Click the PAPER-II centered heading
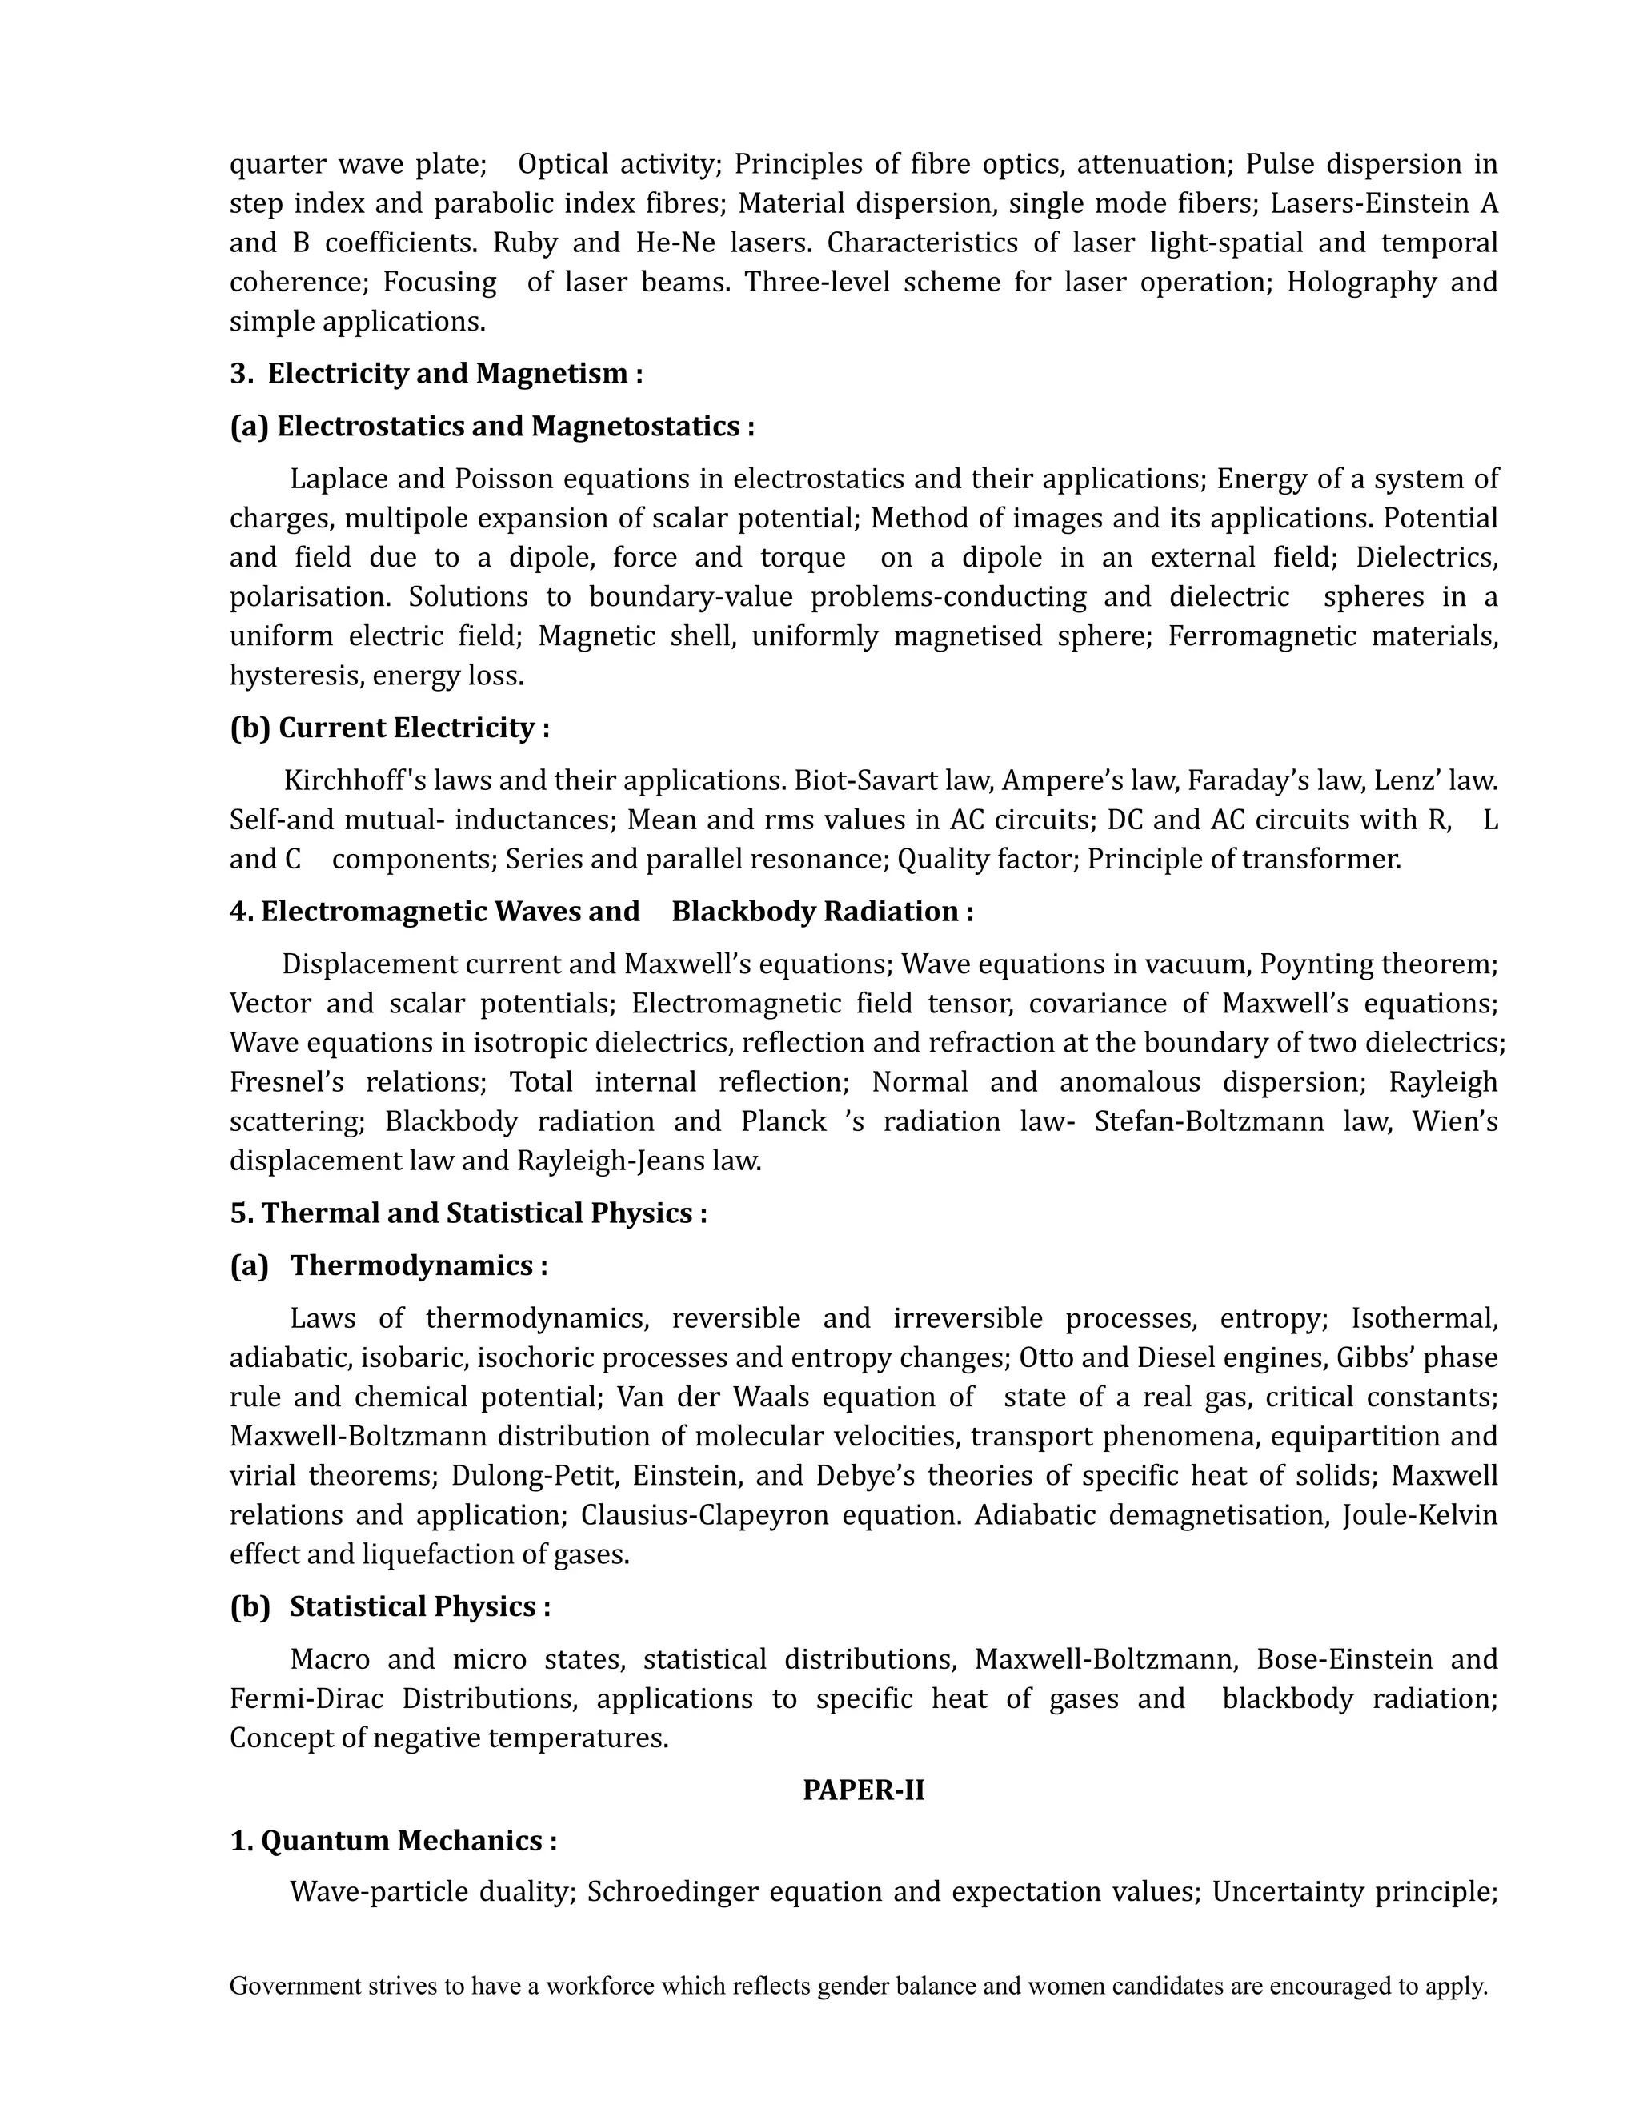coord(864,1789)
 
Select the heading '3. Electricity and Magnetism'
coord(436,373)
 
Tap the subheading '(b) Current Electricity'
coord(390,728)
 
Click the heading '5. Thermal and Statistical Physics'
coord(468,1213)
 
